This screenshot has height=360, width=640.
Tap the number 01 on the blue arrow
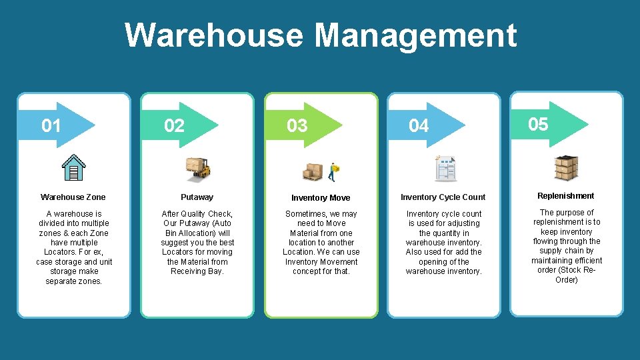[51, 125]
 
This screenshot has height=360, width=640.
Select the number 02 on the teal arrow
[174, 125]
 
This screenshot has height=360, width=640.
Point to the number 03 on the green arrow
[297, 125]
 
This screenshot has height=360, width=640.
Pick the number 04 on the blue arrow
[419, 125]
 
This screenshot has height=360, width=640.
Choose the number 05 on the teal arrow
[538, 123]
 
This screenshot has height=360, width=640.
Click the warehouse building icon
[73, 167]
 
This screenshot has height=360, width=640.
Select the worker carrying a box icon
[333, 171]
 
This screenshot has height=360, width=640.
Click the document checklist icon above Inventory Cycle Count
[445, 168]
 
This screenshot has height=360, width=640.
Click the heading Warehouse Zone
[73, 197]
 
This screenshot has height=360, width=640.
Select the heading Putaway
[197, 197]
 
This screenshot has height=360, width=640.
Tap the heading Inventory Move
[321, 198]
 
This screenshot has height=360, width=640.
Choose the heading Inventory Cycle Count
[443, 197]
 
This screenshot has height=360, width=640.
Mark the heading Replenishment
[566, 196]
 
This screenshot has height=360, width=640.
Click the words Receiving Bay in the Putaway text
[197, 271]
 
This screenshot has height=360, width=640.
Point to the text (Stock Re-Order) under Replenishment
[567, 275]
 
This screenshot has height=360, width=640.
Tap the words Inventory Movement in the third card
[321, 262]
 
